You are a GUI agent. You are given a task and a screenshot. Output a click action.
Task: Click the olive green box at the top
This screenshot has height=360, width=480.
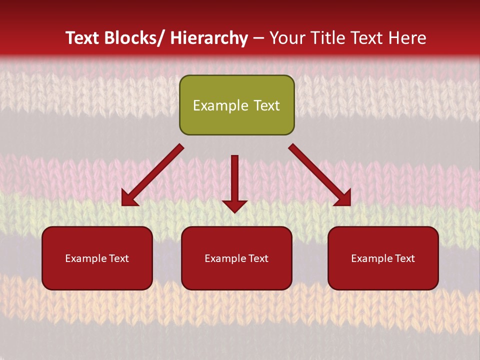pos(236,105)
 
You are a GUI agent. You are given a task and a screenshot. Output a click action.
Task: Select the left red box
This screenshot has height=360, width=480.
pos(97,258)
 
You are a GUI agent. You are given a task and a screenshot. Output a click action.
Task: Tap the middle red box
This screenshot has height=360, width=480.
pos(236,258)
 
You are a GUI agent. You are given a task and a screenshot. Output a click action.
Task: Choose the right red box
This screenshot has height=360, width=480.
pos(383,258)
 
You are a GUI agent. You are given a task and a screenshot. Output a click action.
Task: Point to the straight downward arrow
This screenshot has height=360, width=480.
pos(234,183)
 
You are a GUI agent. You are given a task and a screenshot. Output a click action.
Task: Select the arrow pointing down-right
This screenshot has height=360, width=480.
pos(320,175)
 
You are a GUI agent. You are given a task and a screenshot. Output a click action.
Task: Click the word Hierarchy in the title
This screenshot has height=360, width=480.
pos(208,38)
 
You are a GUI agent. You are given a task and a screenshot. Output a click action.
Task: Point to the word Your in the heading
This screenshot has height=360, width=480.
pos(287,38)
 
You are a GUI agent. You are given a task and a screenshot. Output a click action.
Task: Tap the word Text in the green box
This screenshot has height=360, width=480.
pos(266,105)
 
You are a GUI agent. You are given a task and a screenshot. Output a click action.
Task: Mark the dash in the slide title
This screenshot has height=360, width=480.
pos(258,38)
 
